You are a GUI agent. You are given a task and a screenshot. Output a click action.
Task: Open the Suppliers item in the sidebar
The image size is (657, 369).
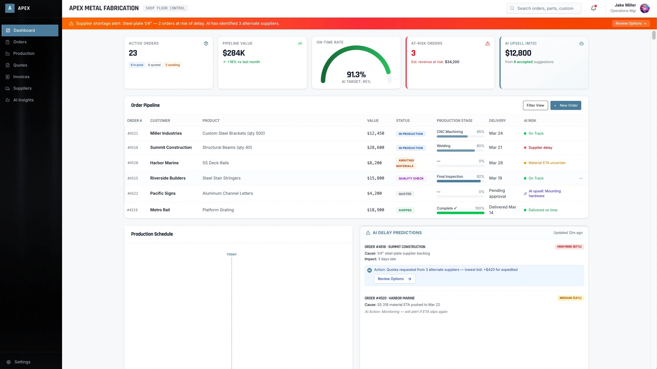tap(22, 88)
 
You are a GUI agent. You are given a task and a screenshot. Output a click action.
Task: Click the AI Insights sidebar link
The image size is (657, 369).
tap(23, 100)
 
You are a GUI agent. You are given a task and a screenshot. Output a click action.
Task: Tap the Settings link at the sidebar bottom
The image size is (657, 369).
tap(22, 362)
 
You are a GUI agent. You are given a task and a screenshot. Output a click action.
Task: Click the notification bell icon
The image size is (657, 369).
tap(593, 8)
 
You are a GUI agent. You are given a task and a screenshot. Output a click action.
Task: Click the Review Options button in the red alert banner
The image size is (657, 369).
tap(631, 23)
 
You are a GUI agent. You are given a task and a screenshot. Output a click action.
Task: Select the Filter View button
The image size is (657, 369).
tap(535, 105)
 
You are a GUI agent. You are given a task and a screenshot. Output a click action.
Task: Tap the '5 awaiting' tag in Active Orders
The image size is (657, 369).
tap(172, 65)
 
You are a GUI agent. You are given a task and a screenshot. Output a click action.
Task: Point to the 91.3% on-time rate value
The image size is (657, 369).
tap(356, 75)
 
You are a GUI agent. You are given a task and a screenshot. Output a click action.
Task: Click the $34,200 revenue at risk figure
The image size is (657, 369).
tap(452, 62)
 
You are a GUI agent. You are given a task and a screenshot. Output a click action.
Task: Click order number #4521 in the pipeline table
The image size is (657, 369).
tap(133, 134)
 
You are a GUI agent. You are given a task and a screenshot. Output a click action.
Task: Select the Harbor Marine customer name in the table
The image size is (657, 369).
tap(164, 163)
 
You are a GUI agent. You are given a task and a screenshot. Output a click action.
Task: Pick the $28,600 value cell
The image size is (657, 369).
tap(375, 147)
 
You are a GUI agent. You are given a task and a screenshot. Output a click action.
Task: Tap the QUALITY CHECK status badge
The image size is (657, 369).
tap(411, 178)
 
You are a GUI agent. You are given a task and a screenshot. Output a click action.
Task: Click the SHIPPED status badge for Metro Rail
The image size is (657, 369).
tap(405, 210)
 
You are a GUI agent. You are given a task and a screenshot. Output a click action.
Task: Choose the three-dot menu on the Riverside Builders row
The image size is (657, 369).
tap(581, 178)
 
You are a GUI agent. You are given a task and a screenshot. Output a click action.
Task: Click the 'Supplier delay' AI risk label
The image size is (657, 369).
tap(540, 148)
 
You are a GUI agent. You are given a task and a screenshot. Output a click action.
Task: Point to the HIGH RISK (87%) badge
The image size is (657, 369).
tap(569, 247)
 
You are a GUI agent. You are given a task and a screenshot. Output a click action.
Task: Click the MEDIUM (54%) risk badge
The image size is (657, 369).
tap(570, 298)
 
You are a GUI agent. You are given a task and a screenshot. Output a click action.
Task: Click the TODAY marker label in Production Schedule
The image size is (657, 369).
tap(231, 254)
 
